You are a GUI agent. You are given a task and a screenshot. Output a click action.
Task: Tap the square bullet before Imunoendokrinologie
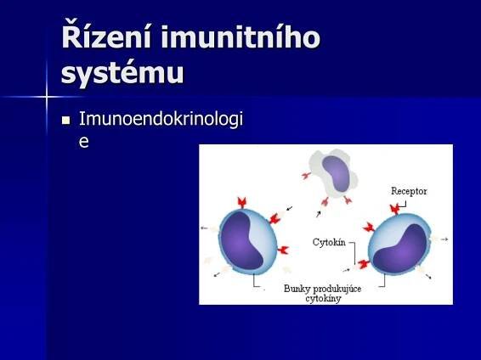point(65,121)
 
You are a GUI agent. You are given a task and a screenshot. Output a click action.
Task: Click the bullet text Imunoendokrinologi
point(161,120)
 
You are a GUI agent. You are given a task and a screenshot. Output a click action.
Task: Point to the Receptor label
point(409,191)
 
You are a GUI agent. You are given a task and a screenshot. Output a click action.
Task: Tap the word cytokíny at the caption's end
point(324,298)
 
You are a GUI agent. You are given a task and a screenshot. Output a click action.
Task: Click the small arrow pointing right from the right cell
point(444,239)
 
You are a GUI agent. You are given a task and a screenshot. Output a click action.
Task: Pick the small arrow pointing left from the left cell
point(204,228)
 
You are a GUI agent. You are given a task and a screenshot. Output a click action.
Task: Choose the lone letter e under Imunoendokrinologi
point(83,142)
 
